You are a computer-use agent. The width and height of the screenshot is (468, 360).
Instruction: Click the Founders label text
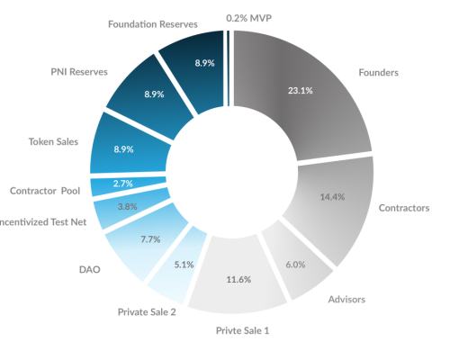(x=379, y=71)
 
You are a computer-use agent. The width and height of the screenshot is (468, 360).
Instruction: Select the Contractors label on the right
(x=402, y=208)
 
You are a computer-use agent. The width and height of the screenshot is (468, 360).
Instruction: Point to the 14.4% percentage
(x=333, y=197)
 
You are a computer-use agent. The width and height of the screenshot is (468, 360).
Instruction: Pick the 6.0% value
(x=296, y=265)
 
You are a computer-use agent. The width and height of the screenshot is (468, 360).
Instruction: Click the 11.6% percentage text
(x=238, y=280)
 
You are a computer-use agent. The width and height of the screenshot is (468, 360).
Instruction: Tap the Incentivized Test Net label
(x=43, y=221)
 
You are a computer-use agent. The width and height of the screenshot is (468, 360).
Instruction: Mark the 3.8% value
(x=128, y=206)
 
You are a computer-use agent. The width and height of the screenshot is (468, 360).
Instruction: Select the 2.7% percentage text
(x=124, y=183)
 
